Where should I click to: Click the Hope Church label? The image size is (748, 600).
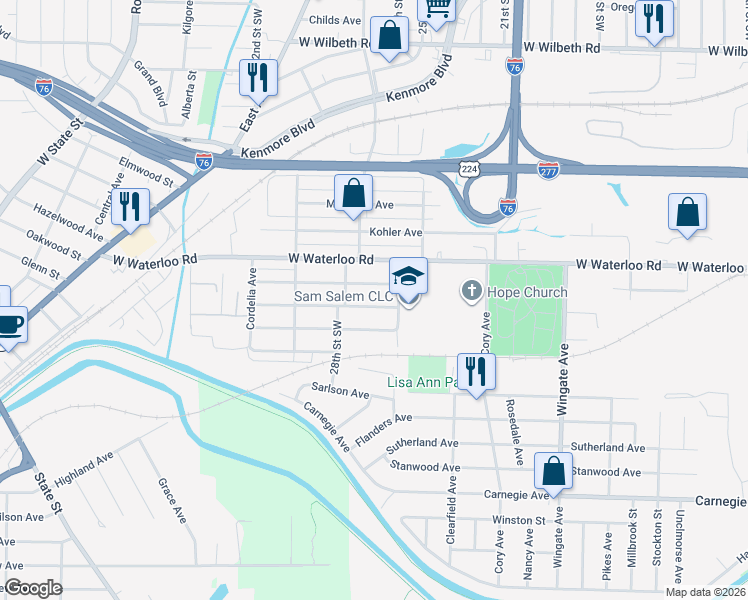click(526, 293)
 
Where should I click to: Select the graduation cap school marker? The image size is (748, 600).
click(408, 275)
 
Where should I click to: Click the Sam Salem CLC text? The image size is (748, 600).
click(342, 296)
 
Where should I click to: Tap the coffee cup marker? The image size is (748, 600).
click(9, 324)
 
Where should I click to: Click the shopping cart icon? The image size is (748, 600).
click(436, 8)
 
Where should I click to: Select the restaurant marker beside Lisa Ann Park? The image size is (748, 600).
click(476, 372)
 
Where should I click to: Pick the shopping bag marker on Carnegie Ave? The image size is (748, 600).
click(553, 472)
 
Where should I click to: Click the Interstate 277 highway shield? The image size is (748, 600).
click(547, 170)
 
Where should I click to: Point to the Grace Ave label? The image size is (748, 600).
click(172, 501)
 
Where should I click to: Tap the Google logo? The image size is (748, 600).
click(32, 588)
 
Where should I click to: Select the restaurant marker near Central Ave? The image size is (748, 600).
click(130, 207)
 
